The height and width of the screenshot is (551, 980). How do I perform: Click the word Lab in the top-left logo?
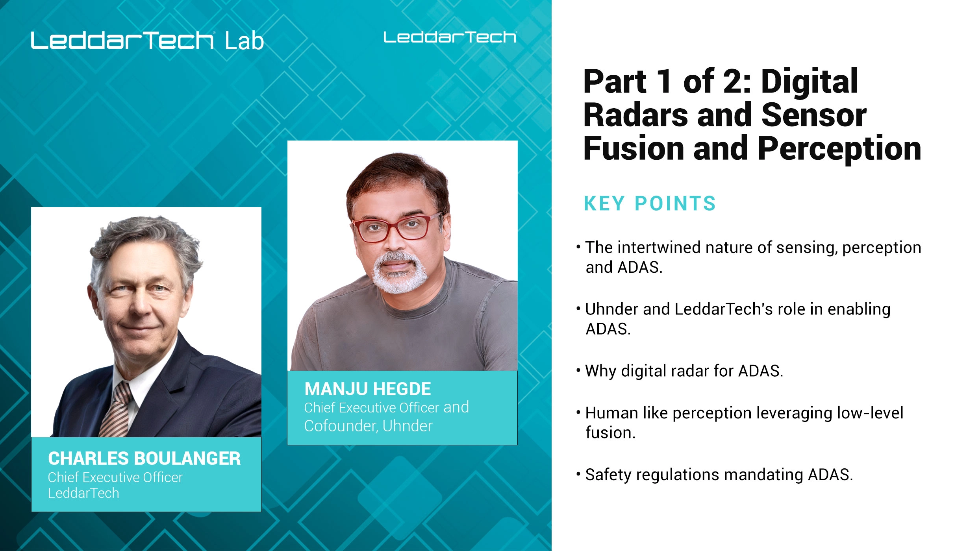tap(244, 41)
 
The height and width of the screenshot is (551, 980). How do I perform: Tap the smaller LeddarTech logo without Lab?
tap(450, 37)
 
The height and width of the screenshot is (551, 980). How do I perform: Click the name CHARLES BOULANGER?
tap(144, 459)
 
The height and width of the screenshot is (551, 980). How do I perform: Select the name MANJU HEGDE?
tap(368, 389)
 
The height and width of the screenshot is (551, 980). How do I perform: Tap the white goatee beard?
tap(398, 274)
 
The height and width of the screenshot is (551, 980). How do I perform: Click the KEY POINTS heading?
tap(650, 204)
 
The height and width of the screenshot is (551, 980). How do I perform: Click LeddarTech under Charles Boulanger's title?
tap(83, 493)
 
